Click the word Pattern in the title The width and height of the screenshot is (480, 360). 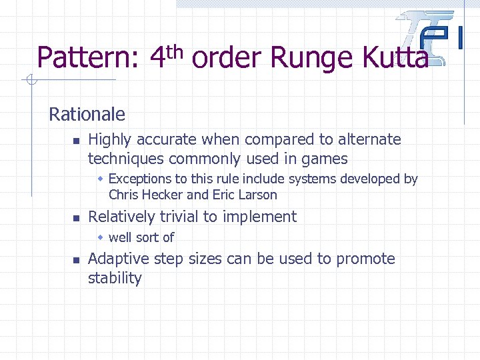point(87,58)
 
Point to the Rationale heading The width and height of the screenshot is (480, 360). point(87,114)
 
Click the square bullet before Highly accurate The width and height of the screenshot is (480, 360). point(76,141)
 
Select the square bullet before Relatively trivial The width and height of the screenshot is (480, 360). point(76,218)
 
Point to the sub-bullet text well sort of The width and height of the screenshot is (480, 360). point(141,237)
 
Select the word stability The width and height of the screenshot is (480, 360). point(115,278)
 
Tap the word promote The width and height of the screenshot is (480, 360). point(365,259)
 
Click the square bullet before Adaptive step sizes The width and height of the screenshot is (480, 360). point(76,260)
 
